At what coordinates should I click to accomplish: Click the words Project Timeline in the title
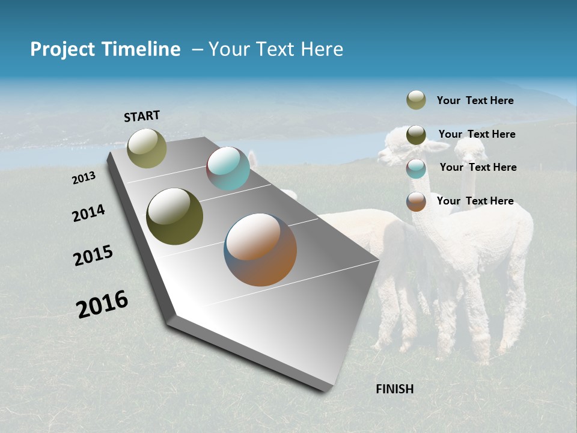105,49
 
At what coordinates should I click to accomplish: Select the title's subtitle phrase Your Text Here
276,49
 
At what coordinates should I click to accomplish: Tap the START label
142,116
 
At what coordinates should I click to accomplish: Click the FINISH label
394,389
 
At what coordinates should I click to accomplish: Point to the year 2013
84,178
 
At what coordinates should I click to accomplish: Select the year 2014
88,213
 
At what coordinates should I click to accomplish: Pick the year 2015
93,256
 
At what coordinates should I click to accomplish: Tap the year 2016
102,304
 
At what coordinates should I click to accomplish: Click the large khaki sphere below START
147,148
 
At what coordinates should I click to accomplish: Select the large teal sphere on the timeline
228,168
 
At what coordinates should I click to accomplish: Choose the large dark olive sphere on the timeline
175,216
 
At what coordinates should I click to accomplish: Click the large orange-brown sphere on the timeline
260,250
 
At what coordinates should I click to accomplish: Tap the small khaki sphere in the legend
416,100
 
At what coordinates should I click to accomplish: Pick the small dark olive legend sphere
416,135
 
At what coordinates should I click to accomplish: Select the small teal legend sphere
416,168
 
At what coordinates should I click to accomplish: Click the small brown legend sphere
416,201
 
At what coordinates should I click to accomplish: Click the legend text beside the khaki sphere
475,101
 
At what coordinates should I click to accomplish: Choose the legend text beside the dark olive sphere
477,134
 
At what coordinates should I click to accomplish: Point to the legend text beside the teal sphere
478,167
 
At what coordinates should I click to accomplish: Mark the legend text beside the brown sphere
475,201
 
